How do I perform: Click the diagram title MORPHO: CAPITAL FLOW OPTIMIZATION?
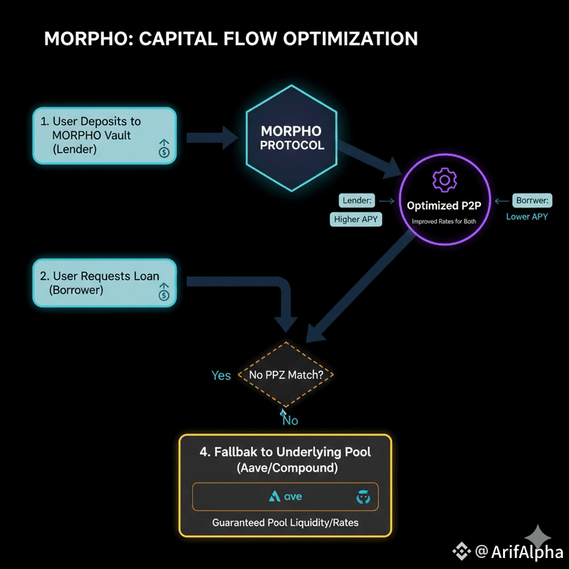(x=231, y=38)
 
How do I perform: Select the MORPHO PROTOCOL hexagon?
(x=291, y=138)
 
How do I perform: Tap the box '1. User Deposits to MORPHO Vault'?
(x=104, y=135)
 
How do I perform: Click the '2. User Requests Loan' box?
(x=104, y=282)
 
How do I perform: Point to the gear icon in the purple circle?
(x=444, y=180)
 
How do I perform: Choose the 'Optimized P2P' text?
(x=444, y=205)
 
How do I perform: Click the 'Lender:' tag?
(x=356, y=201)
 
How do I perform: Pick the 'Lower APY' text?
(x=527, y=216)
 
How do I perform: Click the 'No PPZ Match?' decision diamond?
(x=290, y=375)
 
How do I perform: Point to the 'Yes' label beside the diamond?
(x=221, y=375)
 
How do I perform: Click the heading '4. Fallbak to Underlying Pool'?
(x=285, y=452)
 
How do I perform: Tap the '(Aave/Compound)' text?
(x=285, y=469)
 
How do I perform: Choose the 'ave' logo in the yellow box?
(x=286, y=496)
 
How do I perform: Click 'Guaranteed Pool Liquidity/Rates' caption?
(x=285, y=523)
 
